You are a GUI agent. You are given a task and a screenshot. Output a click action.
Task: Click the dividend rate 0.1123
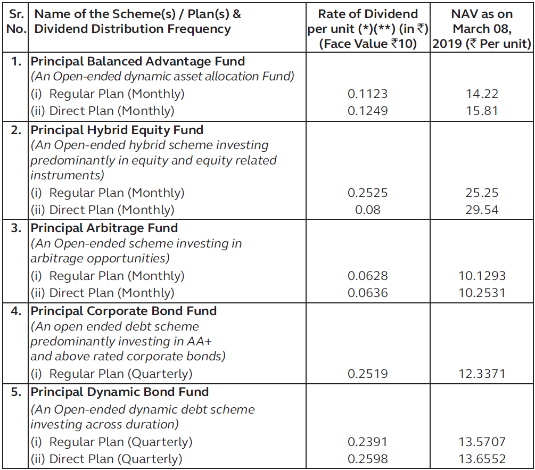[367, 94]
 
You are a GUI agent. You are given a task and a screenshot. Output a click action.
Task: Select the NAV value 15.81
[482, 111]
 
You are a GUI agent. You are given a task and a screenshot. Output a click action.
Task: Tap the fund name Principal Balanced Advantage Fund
[137, 61]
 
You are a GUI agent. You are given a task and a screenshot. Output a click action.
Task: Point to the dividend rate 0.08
[367, 210]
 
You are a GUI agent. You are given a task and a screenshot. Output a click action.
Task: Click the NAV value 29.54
[482, 210]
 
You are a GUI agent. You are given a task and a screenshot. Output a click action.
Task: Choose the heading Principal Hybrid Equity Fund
[117, 130]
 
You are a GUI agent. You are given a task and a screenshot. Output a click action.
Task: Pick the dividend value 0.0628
[367, 276]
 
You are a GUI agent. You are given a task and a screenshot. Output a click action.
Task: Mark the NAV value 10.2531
[482, 293]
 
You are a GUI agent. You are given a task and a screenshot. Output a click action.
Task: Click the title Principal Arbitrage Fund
[104, 228]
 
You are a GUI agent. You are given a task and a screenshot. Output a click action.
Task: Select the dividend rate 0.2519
[367, 374]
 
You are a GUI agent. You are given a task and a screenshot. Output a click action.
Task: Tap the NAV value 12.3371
[482, 374]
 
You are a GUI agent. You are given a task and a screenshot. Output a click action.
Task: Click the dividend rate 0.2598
[367, 459]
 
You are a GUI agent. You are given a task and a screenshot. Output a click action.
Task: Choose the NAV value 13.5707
[482, 442]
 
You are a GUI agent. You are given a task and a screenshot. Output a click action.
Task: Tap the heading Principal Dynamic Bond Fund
[120, 392]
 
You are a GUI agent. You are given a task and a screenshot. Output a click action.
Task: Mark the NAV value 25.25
[482, 193]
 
